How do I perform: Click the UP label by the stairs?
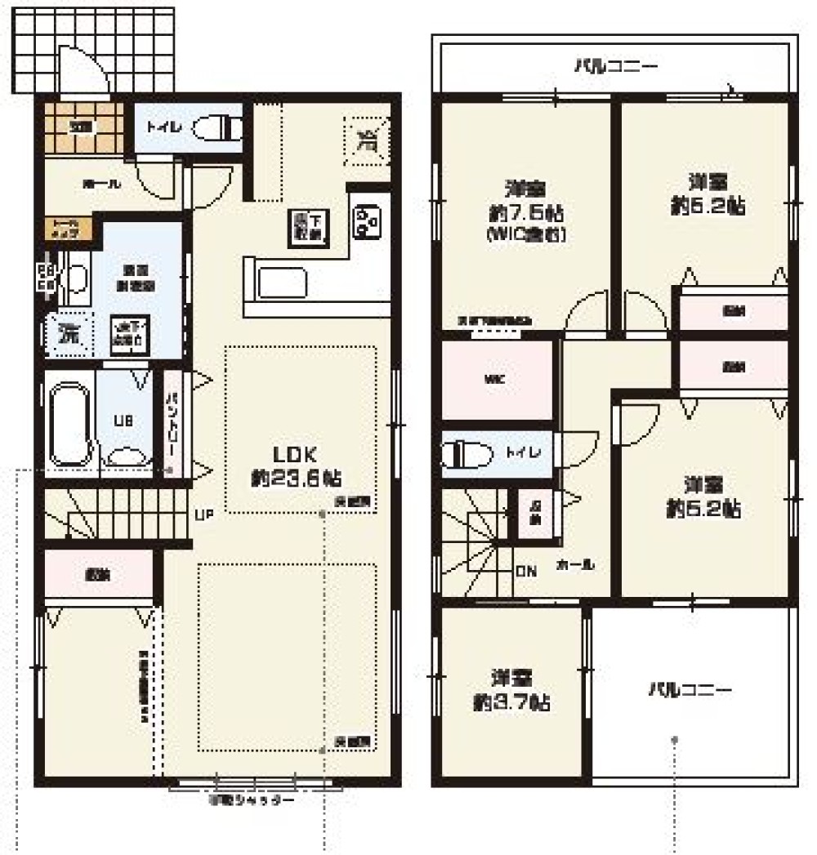click(204, 515)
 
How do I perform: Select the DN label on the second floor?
click(525, 571)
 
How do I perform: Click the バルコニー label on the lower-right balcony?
click(691, 690)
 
